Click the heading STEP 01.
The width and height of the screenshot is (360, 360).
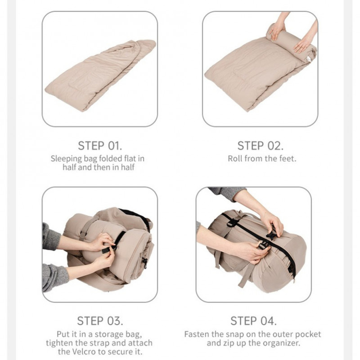[x=100, y=146]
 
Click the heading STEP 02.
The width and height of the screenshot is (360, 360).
[x=261, y=146]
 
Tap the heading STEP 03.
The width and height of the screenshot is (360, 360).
[x=100, y=321]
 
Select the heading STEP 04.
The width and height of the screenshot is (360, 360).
[x=253, y=321]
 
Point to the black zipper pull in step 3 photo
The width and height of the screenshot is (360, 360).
[x=145, y=263]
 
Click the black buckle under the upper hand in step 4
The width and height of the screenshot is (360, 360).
[x=271, y=234]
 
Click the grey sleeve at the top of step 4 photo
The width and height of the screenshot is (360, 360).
[x=227, y=193]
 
